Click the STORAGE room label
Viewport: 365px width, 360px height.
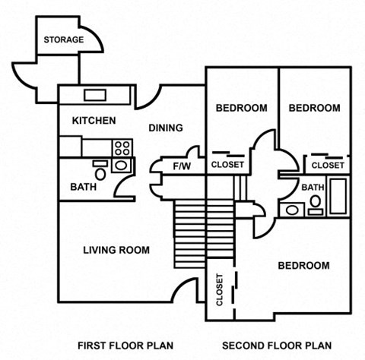point(63,39)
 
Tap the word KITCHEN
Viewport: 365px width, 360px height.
point(94,121)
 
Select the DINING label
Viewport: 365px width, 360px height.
point(165,128)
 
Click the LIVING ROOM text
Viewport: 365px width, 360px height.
point(116,250)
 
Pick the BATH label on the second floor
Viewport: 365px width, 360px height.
point(313,188)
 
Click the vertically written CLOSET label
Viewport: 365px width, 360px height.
point(220,290)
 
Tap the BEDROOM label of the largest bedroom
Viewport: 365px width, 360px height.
point(303,266)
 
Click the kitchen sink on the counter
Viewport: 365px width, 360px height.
point(95,95)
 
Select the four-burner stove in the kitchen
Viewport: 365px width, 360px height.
point(122,147)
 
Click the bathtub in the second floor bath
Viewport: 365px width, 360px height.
point(337,195)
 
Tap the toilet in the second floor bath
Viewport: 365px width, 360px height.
point(314,202)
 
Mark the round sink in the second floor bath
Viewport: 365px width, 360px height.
point(290,210)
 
